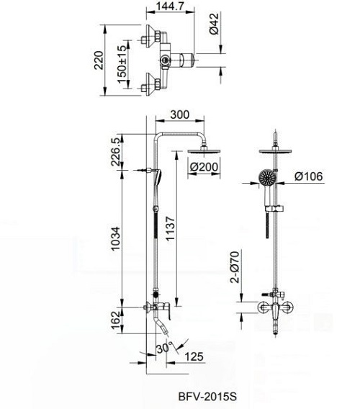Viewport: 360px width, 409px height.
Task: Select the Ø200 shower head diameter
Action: click(x=203, y=168)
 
